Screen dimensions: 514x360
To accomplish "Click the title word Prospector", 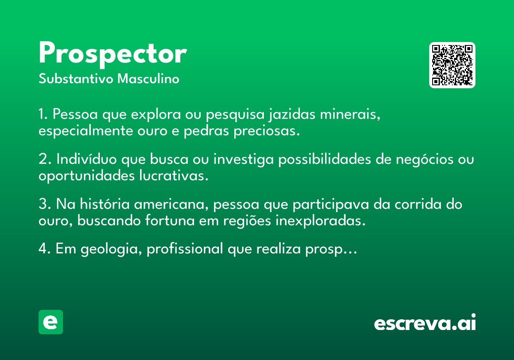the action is (113, 55).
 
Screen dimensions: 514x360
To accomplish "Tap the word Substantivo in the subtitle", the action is (76, 79).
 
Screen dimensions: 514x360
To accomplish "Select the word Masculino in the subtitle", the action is (148, 79).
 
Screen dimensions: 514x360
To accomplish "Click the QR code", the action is (452, 65).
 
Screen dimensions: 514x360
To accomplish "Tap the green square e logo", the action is (51, 322).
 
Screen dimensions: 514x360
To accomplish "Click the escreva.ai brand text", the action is (425, 322).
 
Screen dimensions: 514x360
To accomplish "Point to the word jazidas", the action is (292, 114).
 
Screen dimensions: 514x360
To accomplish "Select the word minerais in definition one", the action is (350, 114).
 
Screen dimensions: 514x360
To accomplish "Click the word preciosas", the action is (266, 131).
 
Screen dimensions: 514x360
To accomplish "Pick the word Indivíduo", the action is (87, 159).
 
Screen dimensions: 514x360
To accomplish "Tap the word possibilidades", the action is (325, 159).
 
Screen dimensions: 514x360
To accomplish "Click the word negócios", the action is (424, 159).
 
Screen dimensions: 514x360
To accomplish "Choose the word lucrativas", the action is (174, 176).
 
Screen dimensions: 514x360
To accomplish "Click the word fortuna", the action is (170, 221).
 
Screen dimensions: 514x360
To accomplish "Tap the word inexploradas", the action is (320, 221).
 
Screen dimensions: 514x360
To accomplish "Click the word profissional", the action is (185, 249).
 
